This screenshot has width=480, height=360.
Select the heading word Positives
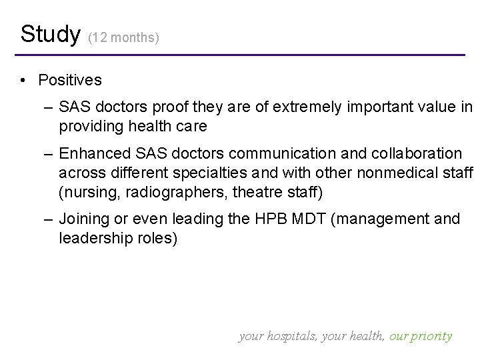tap(70, 81)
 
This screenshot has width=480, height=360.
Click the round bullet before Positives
tap(23, 81)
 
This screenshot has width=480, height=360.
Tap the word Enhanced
tap(89, 154)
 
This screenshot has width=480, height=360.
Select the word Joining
tap(82, 219)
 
